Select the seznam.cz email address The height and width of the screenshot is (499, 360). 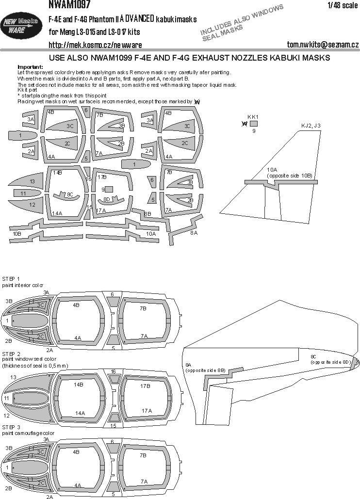point(322,45)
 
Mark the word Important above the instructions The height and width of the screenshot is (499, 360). point(30,66)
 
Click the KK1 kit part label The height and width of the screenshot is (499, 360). point(253,117)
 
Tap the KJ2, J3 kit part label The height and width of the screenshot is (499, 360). point(311,126)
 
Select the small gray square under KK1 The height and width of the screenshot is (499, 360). point(253,124)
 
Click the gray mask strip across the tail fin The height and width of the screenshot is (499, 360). point(281,182)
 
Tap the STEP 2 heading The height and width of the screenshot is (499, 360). point(11,354)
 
